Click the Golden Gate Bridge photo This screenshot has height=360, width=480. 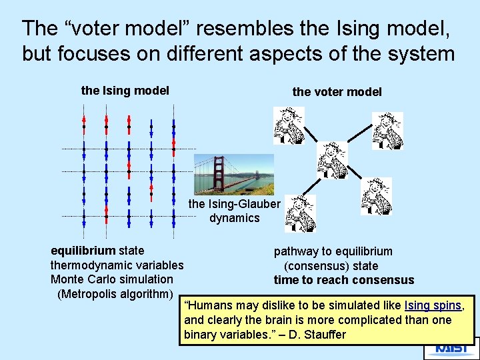click(x=233, y=175)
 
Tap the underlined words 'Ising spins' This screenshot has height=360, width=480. click(x=433, y=305)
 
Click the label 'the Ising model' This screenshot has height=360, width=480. click(x=125, y=90)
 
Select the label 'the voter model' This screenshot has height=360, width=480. click(x=337, y=92)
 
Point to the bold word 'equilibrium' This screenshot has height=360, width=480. click(x=83, y=251)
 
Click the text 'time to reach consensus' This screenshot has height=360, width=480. click(x=343, y=280)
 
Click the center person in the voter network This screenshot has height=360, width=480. click(x=331, y=160)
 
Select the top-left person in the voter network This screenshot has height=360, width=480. click(x=289, y=126)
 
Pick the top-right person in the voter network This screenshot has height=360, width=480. click(x=387, y=131)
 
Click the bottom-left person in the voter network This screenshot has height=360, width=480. click(x=300, y=213)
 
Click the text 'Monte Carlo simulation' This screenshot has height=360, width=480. click(x=111, y=279)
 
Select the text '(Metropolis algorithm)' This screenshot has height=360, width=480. click(x=115, y=294)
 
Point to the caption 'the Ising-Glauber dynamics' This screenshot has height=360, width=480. click(x=234, y=211)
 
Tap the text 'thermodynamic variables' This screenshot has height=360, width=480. click(x=117, y=265)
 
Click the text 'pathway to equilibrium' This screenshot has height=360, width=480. click(x=333, y=251)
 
